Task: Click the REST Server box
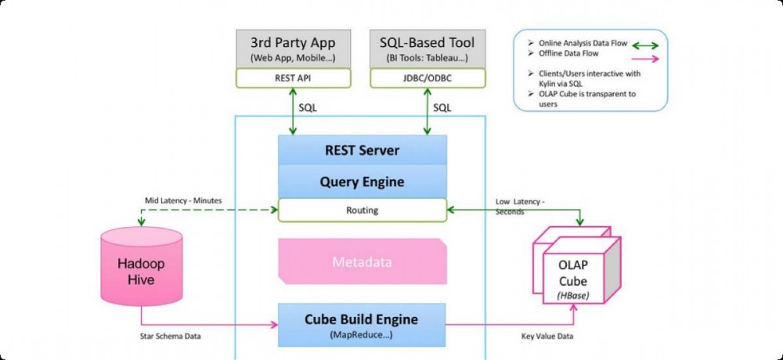point(362,150)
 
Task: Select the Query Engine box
point(362,182)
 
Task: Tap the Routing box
point(362,210)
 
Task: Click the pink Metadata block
point(362,261)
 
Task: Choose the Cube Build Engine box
point(362,324)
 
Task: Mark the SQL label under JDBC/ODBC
point(442,106)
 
